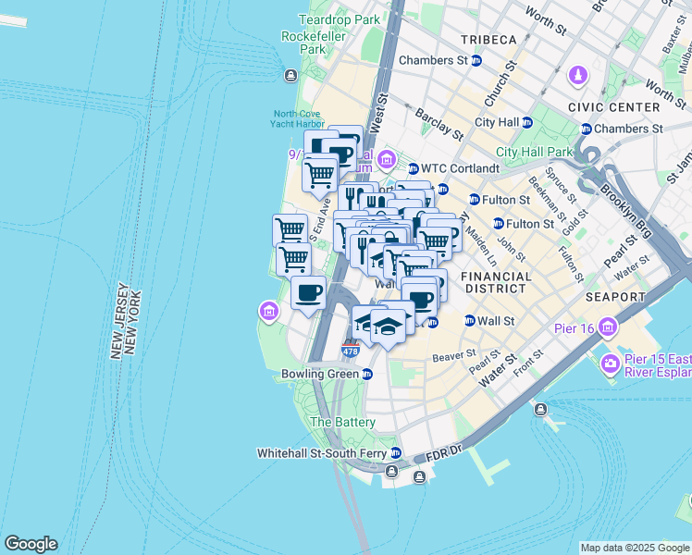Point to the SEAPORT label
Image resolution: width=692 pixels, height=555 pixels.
615,297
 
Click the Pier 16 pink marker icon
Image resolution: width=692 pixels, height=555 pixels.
607,327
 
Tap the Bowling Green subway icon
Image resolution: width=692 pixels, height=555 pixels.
368,375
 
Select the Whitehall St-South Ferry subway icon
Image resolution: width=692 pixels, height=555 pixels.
396,453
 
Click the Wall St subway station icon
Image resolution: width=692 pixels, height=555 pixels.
469,321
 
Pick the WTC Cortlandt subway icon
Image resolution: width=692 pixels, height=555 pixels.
414,168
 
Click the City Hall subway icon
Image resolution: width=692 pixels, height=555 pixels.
527,122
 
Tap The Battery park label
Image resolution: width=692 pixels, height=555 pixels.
342,422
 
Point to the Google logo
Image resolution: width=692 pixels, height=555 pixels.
31,544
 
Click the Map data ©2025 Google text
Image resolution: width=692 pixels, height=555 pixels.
634,548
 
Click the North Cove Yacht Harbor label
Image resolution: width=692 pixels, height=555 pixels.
299,119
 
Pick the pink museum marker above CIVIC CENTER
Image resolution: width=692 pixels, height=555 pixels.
577,73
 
